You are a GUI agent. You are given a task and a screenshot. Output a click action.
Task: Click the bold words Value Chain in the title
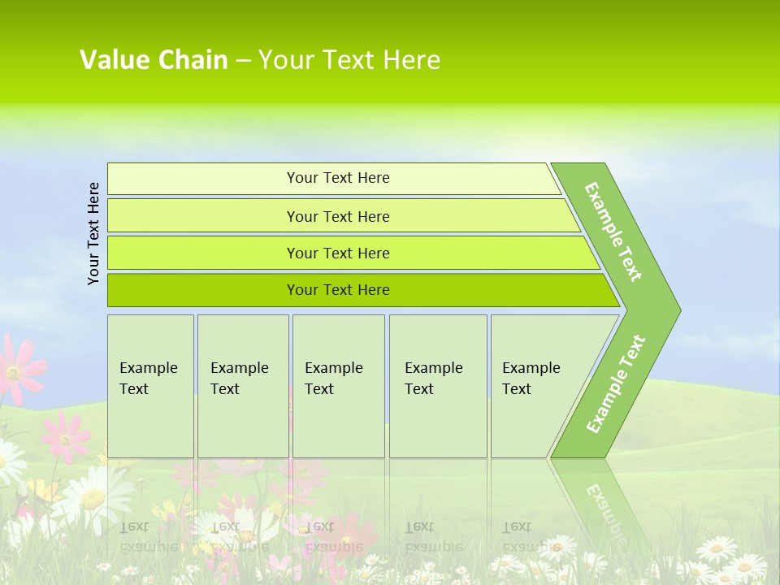(x=154, y=60)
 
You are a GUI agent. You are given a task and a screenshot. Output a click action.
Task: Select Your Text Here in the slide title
(x=349, y=60)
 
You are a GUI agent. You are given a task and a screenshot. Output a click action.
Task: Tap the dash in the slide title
(x=243, y=61)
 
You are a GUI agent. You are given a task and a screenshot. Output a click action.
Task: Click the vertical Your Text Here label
(x=93, y=233)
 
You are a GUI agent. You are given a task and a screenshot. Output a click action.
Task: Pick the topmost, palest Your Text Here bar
(x=337, y=178)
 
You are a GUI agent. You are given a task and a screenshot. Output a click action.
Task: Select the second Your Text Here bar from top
(x=337, y=216)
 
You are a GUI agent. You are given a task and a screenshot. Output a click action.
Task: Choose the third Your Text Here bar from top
(x=337, y=253)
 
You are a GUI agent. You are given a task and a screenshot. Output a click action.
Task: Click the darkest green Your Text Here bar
(x=337, y=290)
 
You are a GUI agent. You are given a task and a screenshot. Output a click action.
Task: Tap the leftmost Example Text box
(x=150, y=385)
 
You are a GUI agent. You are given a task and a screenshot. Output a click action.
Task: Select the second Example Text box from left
(x=242, y=385)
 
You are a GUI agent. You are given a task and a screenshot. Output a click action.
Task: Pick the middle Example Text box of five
(x=338, y=385)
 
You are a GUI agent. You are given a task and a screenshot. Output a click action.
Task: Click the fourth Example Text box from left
(x=437, y=385)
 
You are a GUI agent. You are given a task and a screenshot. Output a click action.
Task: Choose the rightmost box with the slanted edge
(x=536, y=385)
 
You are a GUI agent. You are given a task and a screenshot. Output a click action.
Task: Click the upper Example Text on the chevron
(x=613, y=232)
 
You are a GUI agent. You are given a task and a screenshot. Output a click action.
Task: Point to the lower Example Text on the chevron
(x=616, y=383)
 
